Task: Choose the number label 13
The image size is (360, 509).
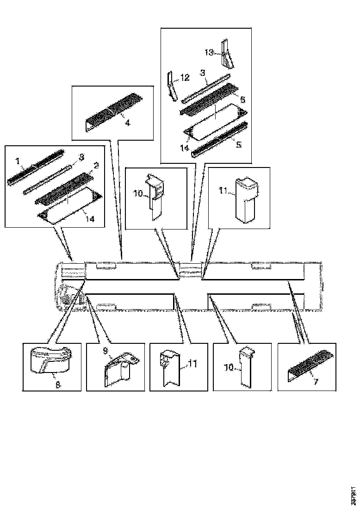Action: [209, 52]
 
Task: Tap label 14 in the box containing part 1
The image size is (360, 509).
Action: [90, 218]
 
